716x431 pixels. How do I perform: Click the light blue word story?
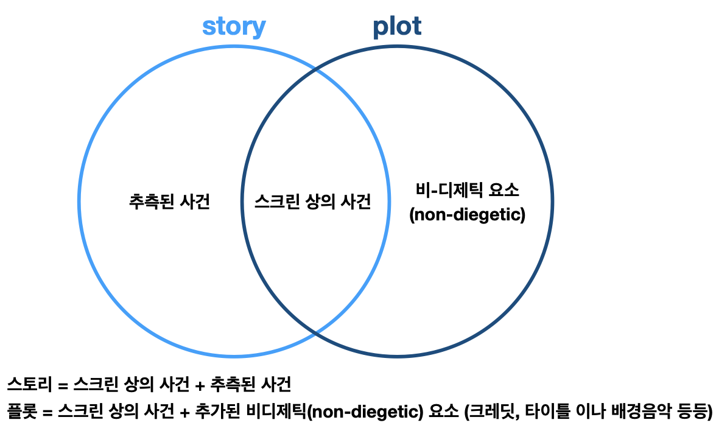pyautogui.click(x=234, y=27)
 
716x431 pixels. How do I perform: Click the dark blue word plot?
pyautogui.click(x=397, y=26)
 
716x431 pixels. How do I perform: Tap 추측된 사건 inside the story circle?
pyautogui.click(x=169, y=202)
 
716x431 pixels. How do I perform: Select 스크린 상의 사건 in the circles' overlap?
pyautogui.click(x=313, y=202)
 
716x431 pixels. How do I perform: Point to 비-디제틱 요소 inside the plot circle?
pyautogui.click(x=467, y=191)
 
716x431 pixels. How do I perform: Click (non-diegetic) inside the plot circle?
pyautogui.click(x=467, y=215)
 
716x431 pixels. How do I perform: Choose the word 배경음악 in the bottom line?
pyautogui.click(x=636, y=411)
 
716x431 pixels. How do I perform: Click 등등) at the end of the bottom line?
pyautogui.click(x=693, y=411)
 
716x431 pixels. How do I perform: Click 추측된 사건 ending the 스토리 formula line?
pyautogui.click(x=250, y=384)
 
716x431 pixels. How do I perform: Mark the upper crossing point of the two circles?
pyautogui.click(x=315, y=70)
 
